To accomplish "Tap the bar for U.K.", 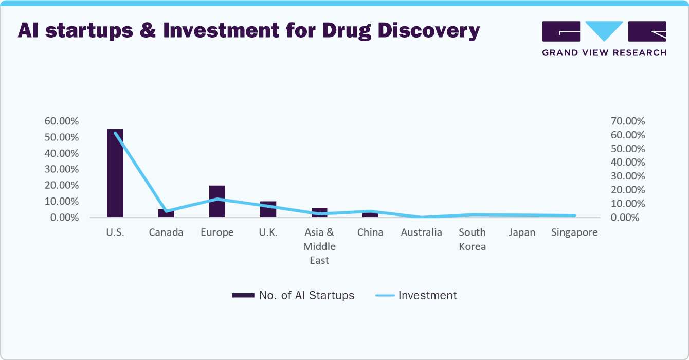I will (268, 209).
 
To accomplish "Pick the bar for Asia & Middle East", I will (319, 212).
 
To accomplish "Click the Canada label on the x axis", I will (166, 232).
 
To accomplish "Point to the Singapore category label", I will (574, 232).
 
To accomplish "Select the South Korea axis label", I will (472, 239).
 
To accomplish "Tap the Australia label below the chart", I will (421, 232).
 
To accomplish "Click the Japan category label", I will (522, 232).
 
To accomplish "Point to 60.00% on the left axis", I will (62, 121).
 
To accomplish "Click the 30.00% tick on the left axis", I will (62, 169).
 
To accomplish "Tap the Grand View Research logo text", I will (604, 52).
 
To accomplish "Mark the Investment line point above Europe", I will (217, 199).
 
